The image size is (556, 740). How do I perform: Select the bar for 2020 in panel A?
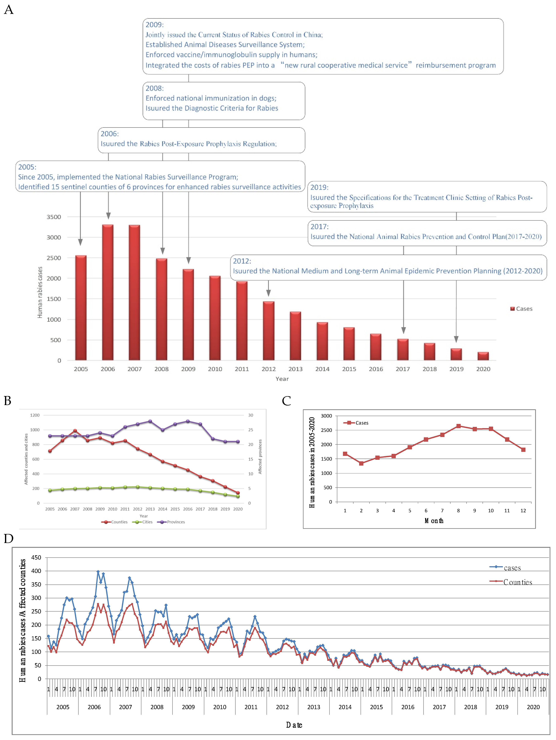point(483,356)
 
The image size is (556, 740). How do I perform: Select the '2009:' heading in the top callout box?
point(154,25)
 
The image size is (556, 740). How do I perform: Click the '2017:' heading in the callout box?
point(319,226)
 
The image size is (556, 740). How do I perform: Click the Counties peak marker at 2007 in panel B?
point(75,431)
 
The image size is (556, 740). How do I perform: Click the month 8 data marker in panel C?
point(458,426)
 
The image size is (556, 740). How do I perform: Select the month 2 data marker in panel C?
point(361,463)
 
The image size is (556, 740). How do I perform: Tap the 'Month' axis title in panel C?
point(434,521)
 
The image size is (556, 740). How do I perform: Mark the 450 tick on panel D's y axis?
point(36,557)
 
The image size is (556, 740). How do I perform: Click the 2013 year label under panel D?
point(314,707)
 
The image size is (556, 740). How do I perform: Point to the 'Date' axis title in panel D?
point(294,725)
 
